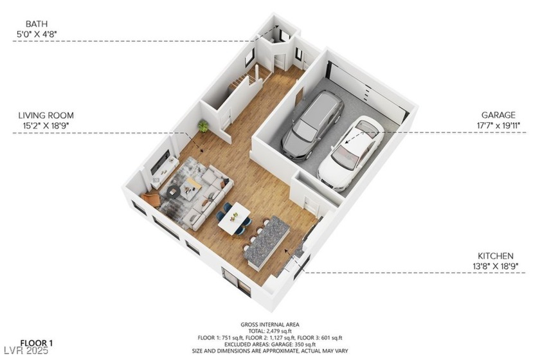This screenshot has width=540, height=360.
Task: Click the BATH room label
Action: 37,24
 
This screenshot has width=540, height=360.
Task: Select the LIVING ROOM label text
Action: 46,116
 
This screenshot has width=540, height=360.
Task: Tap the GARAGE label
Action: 498,115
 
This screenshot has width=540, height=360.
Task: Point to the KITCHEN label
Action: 495,256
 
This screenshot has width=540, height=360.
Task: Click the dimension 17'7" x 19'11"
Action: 498,125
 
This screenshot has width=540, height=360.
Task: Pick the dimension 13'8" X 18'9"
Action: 495,266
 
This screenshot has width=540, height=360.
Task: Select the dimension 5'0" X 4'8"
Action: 37,34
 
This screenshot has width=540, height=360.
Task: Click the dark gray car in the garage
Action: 312,125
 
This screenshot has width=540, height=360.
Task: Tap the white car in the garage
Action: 351,154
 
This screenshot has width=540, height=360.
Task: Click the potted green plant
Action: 203,126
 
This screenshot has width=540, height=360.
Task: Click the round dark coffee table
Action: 173,191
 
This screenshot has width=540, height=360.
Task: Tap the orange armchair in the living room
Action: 151,199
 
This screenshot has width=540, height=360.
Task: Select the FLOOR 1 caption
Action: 36,343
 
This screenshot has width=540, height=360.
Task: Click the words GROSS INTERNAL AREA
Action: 269,325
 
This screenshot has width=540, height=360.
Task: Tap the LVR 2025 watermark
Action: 26,351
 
